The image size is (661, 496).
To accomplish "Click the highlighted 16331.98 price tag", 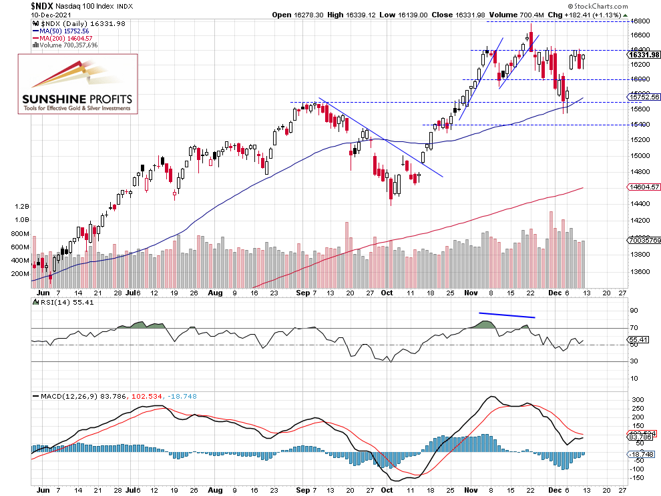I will [645, 55].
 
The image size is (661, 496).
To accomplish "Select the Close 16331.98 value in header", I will [468, 15].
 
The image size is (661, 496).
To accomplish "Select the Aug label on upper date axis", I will [214, 292].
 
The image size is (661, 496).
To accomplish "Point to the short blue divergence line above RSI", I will [507, 315].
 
